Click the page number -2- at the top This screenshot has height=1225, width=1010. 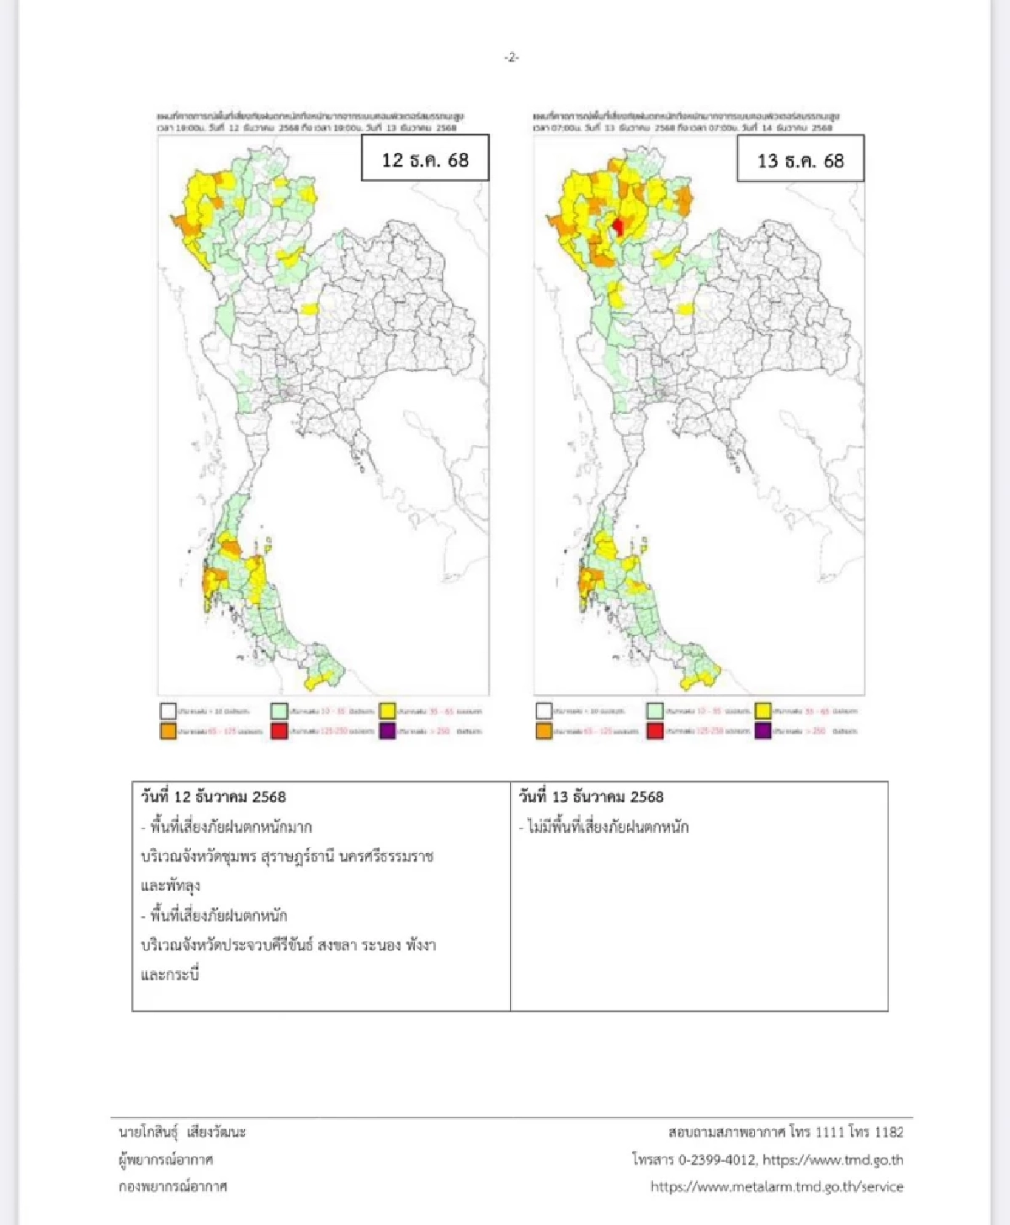point(511,57)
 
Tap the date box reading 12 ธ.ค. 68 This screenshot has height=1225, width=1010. point(425,159)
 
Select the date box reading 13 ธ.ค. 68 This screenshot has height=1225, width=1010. point(800,160)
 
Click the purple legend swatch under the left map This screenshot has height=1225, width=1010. point(386,731)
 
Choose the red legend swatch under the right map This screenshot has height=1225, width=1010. point(655,731)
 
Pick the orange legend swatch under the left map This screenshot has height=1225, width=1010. point(168,731)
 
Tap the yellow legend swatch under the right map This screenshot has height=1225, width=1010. point(763,711)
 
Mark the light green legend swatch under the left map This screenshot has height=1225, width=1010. point(279,711)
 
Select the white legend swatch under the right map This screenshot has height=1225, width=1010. point(544,711)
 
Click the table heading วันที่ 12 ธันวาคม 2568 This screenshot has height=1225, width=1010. point(214,796)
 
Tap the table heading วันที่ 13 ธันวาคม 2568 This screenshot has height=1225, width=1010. point(591,796)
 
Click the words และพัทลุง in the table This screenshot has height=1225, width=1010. point(171,886)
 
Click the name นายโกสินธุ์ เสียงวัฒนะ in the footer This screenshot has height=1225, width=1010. point(182,1132)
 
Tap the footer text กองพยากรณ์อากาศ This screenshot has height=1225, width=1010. point(173,1186)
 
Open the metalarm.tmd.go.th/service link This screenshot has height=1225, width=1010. point(776,1186)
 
